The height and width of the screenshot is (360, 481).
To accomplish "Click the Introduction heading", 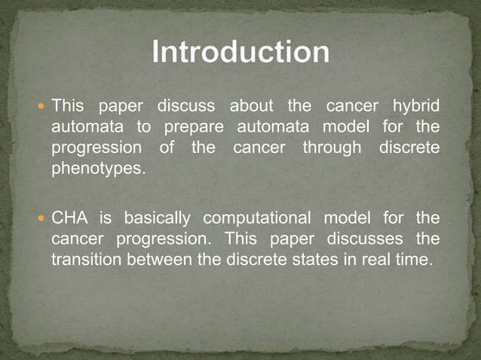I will [240, 53].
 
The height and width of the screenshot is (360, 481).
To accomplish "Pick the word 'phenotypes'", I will [97, 169].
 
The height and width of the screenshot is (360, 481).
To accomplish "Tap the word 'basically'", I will [158, 219].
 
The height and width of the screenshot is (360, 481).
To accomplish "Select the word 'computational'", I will [258, 219].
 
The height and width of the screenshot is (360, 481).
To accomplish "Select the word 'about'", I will [252, 105].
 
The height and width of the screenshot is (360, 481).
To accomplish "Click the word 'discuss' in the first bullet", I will [186, 105].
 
